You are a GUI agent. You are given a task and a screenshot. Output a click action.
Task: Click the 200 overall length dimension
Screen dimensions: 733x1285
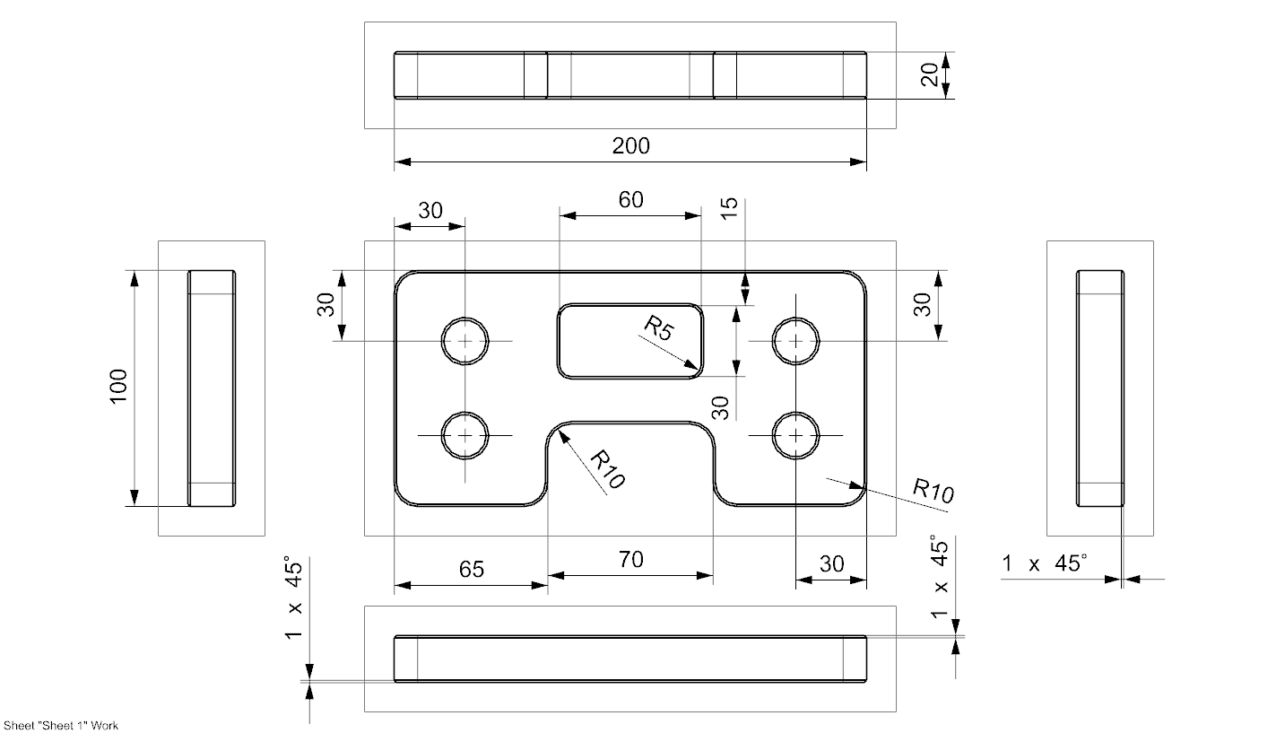coord(630,146)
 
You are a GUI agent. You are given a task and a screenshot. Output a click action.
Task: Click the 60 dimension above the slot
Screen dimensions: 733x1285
coord(630,200)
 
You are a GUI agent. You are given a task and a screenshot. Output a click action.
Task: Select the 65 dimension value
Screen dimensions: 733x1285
coord(472,570)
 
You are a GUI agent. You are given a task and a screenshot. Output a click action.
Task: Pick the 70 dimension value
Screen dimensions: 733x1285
coord(630,561)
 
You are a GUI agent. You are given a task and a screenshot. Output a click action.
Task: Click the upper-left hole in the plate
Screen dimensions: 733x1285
coord(465,341)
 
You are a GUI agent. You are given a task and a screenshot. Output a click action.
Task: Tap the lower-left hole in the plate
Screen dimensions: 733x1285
coord(465,435)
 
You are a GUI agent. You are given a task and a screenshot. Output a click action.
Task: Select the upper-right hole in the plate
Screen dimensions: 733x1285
coord(796,341)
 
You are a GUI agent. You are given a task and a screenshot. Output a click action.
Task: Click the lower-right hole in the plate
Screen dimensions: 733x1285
coord(796,435)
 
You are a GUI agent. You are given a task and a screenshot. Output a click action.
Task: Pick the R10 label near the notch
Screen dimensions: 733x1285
coord(608,470)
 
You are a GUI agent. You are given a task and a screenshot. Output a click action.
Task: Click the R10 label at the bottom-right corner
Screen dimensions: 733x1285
coord(933,490)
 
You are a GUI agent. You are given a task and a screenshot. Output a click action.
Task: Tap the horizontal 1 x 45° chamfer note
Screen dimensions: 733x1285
coord(1045,564)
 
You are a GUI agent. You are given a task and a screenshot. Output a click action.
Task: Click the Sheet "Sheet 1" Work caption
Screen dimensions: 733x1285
coord(60,725)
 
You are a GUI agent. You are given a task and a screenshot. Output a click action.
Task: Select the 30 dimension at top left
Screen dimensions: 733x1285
coord(430,211)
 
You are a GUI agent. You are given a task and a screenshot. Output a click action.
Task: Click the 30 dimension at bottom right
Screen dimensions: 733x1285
coord(831,564)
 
